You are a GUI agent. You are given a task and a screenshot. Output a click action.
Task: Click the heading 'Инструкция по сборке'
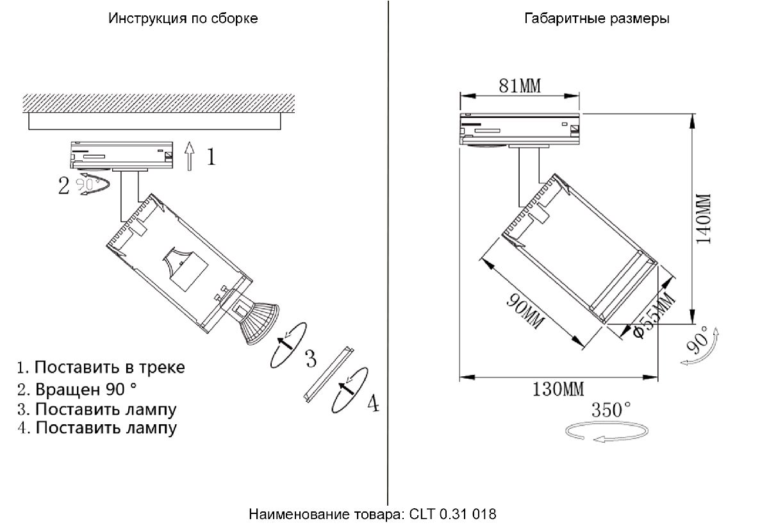(183, 19)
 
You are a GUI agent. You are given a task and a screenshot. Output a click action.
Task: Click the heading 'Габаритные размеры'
(597, 19)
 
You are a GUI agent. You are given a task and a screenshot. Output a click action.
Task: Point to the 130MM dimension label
(558, 388)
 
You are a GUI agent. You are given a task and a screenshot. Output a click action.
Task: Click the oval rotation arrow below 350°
(606, 433)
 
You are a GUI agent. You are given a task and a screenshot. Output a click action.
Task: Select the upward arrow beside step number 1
(189, 156)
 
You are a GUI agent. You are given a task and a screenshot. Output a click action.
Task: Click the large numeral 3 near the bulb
(310, 358)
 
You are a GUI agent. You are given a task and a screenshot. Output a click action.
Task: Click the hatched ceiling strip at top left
(158, 102)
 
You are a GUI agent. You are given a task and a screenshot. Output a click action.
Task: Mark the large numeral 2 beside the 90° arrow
(63, 186)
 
